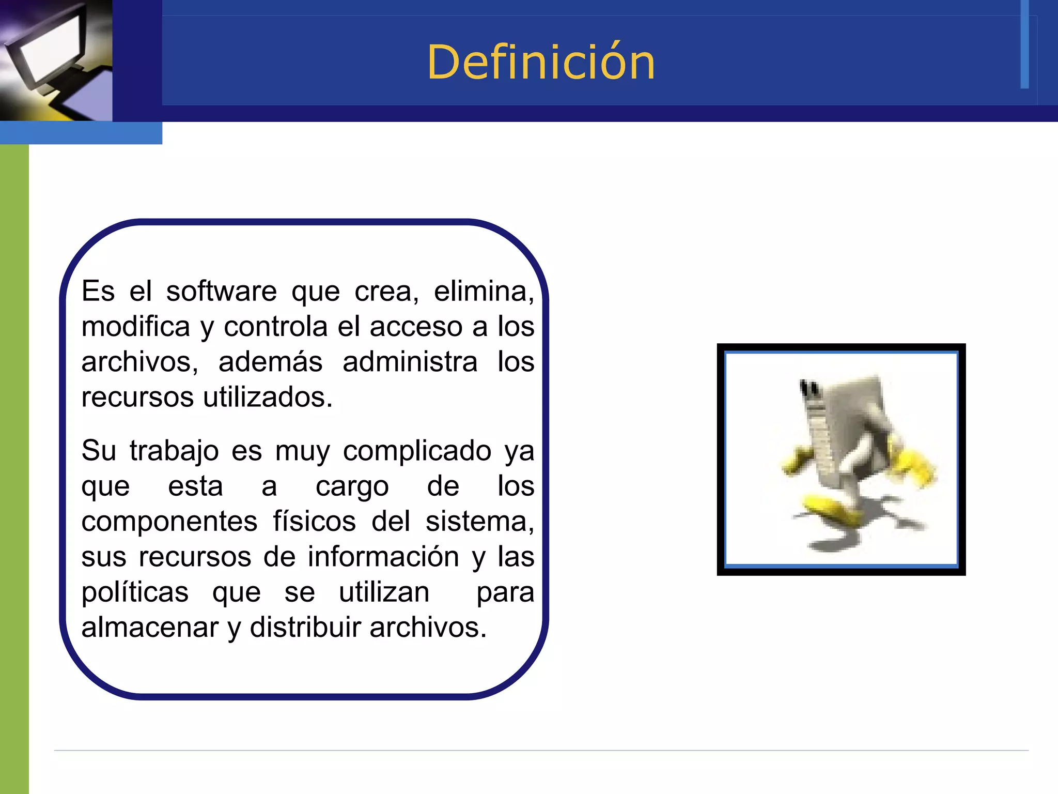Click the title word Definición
[541, 63]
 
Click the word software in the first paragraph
[221, 291]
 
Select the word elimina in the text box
[483, 291]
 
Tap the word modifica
[136, 327]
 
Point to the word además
[270, 362]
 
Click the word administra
[410, 362]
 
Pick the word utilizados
[268, 397]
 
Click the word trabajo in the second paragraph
[174, 451]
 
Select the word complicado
[417, 451]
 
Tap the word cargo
[352, 486]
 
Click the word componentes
[169, 521]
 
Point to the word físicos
[314, 521]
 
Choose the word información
[383, 557]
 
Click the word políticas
[135, 592]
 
